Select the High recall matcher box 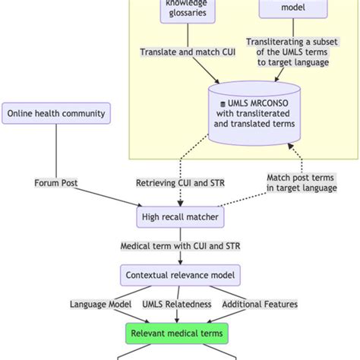180,218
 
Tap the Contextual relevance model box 180,275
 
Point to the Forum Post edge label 57,183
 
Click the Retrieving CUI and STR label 180,183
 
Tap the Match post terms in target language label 301,183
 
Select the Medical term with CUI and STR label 180,246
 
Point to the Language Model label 101,304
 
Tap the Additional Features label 259,304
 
